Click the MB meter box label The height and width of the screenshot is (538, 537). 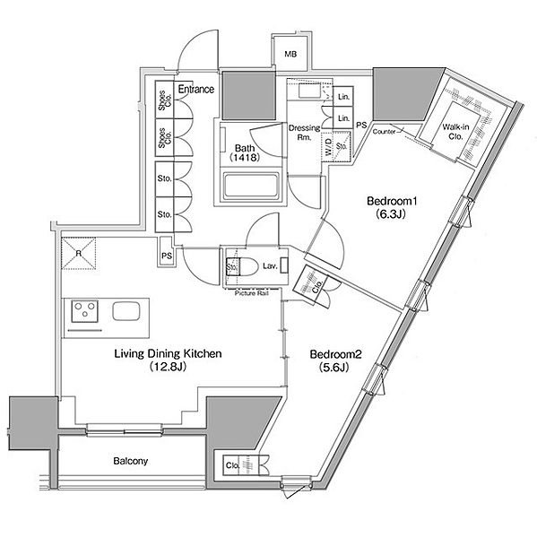click(290, 54)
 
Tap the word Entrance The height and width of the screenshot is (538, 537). click(196, 89)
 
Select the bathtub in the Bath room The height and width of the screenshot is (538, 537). click(251, 187)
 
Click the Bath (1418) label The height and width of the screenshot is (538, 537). click(245, 152)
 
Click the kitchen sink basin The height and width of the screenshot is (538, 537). click(126, 311)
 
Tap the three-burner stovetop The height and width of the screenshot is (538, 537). click(85, 311)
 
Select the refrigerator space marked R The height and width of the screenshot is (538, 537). click(79, 254)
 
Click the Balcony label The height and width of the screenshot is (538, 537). click(130, 461)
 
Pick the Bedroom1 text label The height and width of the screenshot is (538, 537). click(392, 201)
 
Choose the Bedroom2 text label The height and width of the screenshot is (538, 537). click(335, 354)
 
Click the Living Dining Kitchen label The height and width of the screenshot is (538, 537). click(168, 354)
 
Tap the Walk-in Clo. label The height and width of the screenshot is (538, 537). click(455, 132)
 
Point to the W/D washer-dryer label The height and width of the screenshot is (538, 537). click(328, 146)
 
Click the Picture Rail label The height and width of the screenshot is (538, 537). click(252, 293)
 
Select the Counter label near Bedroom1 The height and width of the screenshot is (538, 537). click(384, 132)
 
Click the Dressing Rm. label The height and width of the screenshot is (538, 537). click(304, 133)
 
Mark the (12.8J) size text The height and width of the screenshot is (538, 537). click(168, 367)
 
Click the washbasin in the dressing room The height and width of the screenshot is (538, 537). click(309, 91)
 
